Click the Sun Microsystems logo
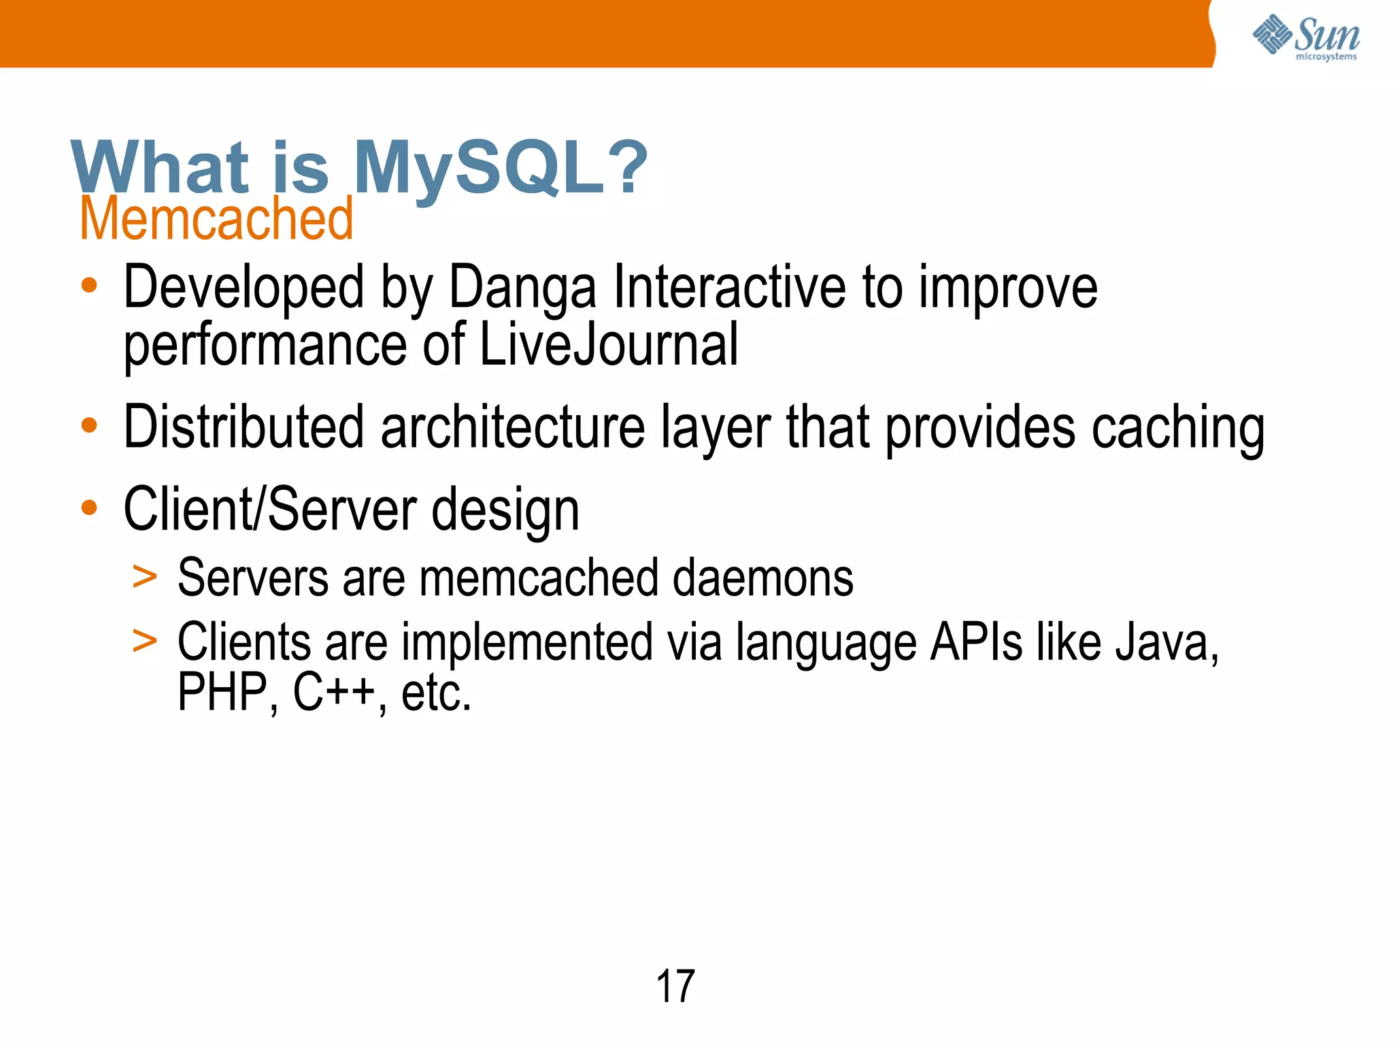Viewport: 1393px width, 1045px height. point(1306,37)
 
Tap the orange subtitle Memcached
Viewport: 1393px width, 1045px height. point(216,218)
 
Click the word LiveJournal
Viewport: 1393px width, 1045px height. point(609,345)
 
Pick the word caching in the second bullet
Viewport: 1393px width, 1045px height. point(1177,429)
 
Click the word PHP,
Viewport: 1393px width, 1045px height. point(228,693)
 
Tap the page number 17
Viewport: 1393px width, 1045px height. point(675,986)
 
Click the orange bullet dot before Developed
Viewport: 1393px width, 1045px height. point(89,286)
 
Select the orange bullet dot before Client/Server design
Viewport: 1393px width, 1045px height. point(89,508)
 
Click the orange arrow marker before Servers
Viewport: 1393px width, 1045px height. point(144,578)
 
